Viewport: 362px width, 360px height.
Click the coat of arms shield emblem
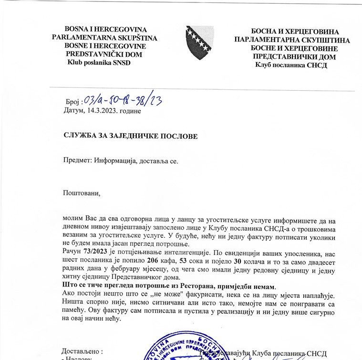pos(200,42)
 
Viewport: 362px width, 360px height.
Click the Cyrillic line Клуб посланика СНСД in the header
pos(291,65)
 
